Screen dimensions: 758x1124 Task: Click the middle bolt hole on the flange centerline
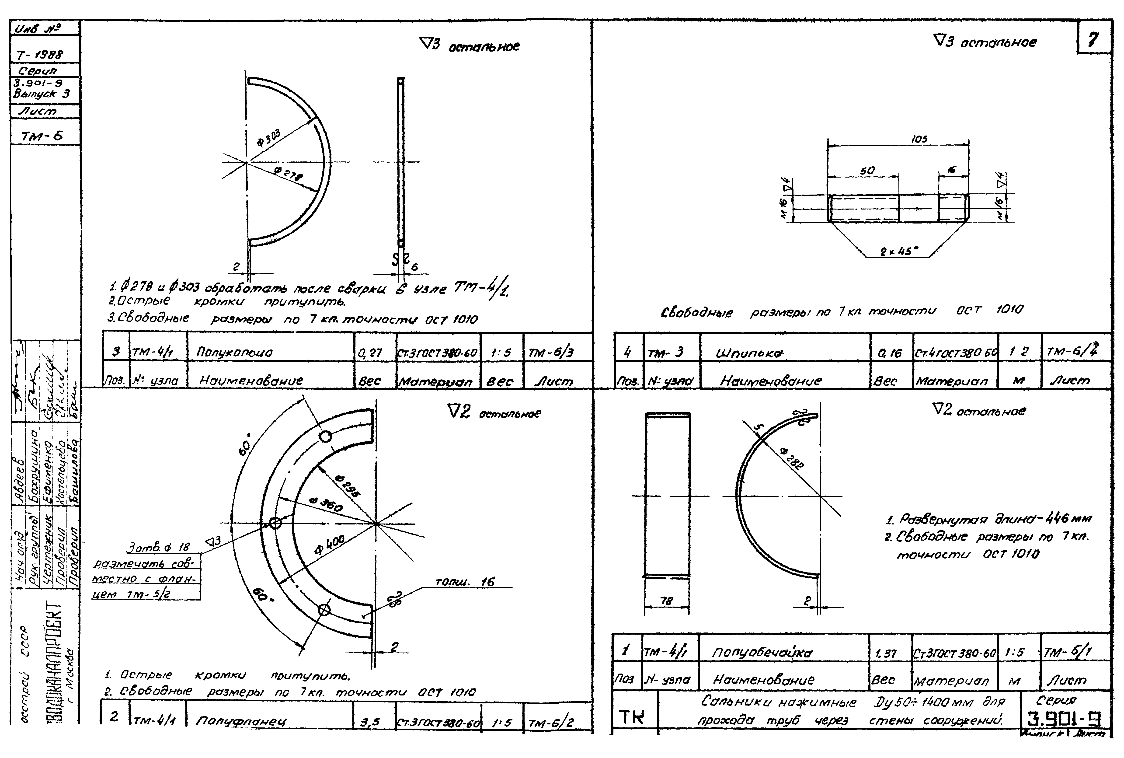(x=275, y=523)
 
